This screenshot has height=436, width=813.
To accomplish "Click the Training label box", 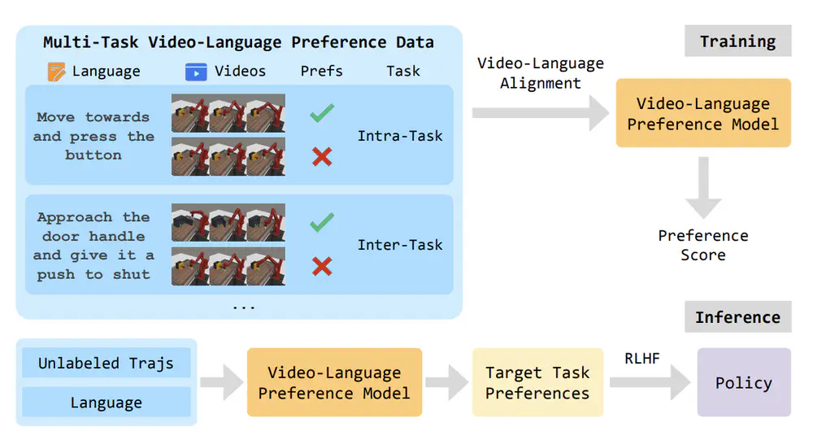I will click(x=737, y=41).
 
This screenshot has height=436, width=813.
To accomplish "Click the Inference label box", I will click(x=737, y=317).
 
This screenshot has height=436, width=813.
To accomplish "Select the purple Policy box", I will click(x=743, y=382).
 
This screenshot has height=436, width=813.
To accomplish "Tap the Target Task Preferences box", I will click(x=537, y=382).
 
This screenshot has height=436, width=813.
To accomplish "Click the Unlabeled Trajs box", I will click(x=106, y=363).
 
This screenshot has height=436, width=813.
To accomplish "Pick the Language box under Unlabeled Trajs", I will click(x=106, y=402).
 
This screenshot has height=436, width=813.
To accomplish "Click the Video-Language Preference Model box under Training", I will click(x=702, y=113).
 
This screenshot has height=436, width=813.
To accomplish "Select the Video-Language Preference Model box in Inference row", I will click(x=334, y=382).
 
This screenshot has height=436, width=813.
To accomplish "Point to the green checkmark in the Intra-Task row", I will click(x=322, y=114).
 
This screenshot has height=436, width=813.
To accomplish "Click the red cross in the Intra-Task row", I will click(x=322, y=156).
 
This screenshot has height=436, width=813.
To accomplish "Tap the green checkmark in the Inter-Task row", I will click(x=322, y=222).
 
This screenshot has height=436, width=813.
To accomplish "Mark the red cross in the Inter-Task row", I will click(x=322, y=265).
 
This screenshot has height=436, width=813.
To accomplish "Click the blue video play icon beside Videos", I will click(x=195, y=72).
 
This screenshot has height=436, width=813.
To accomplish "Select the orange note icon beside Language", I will click(x=56, y=72).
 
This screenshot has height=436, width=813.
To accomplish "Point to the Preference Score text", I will click(x=702, y=245).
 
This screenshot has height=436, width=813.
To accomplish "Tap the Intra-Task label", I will click(x=400, y=136).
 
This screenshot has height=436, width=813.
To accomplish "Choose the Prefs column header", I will click(x=322, y=72).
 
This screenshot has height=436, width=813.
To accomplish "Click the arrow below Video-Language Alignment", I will click(x=541, y=113).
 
